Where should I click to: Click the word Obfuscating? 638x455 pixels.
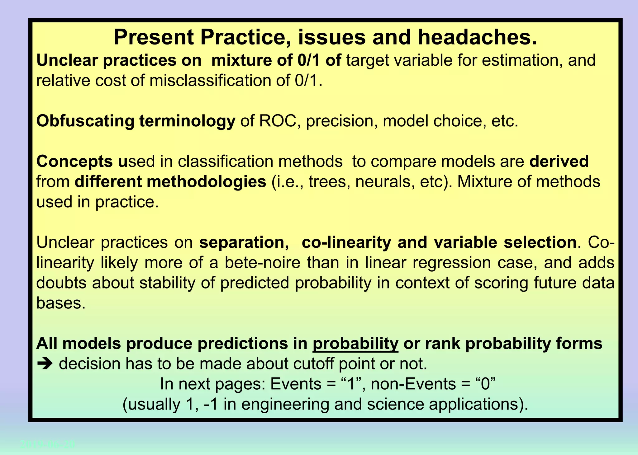click(85, 121)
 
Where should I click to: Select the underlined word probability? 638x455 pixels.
click(355, 344)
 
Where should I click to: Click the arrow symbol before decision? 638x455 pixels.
click(45, 364)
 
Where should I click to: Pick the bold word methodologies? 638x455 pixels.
click(206, 182)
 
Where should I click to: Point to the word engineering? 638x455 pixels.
click(285, 404)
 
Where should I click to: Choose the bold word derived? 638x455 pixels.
click(559, 162)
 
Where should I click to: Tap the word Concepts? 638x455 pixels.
click(74, 162)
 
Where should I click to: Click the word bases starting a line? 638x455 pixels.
click(61, 303)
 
